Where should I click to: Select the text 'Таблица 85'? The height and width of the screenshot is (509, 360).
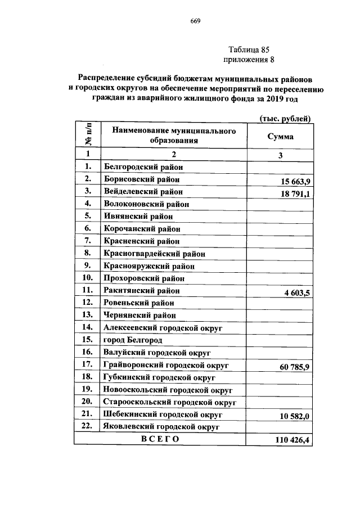[250, 49]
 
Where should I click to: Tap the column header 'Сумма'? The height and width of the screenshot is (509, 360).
[280, 136]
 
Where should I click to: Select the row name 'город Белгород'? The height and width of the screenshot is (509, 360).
[133, 340]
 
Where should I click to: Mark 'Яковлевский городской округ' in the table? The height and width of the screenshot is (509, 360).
[160, 427]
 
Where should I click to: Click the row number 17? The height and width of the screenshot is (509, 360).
[87, 364]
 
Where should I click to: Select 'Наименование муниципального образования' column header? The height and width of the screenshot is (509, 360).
[173, 136]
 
